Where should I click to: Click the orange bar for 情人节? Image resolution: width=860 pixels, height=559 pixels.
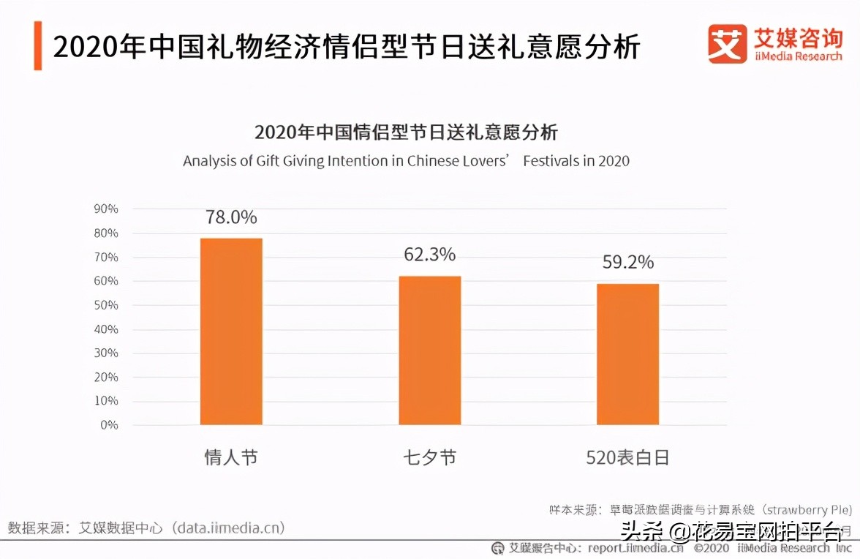click(x=231, y=331)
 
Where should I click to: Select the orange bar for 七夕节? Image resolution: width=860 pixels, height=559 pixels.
click(x=429, y=350)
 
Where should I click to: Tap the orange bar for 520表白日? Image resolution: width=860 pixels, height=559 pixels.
click(x=627, y=354)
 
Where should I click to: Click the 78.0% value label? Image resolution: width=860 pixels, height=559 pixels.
click(x=231, y=217)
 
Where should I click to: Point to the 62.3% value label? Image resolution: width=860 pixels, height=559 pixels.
click(x=429, y=255)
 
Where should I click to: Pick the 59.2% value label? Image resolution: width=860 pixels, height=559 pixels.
click(x=627, y=262)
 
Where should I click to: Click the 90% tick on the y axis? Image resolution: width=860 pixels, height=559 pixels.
click(x=106, y=209)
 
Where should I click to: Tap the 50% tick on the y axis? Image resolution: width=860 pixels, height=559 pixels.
click(x=106, y=305)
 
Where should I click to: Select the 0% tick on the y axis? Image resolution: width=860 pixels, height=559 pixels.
click(x=109, y=425)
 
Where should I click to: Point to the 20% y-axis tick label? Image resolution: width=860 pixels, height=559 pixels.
click(x=106, y=377)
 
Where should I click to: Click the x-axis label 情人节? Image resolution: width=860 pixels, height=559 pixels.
click(x=231, y=458)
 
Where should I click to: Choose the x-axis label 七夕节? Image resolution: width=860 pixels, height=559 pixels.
click(x=429, y=458)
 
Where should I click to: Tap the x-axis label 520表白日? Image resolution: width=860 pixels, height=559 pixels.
click(x=627, y=458)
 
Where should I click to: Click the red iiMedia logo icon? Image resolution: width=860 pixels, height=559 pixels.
click(x=727, y=43)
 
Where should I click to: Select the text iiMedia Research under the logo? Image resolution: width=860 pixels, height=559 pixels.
click(x=799, y=56)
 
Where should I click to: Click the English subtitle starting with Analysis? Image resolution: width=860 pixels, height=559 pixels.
click(x=406, y=161)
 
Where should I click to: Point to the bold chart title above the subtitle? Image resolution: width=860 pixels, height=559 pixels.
click(x=406, y=132)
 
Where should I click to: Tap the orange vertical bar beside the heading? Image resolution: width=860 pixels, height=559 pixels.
click(x=37, y=46)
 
